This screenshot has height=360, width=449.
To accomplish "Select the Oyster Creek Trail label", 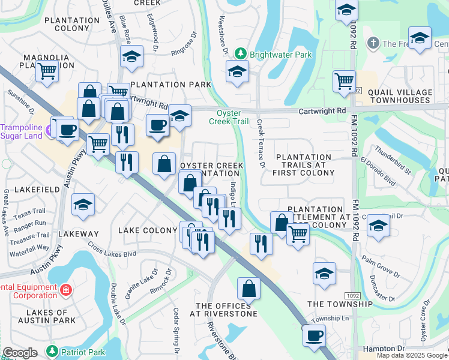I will (228, 117).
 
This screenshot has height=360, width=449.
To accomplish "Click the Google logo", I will (20, 353).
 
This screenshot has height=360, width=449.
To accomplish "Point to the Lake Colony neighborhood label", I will (148, 230).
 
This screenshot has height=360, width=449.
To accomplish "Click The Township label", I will (340, 304).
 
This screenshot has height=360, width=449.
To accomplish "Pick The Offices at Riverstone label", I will (223, 310).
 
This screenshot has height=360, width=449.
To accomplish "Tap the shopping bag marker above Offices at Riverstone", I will (249, 289).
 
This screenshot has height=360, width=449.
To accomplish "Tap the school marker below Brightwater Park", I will (238, 73).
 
